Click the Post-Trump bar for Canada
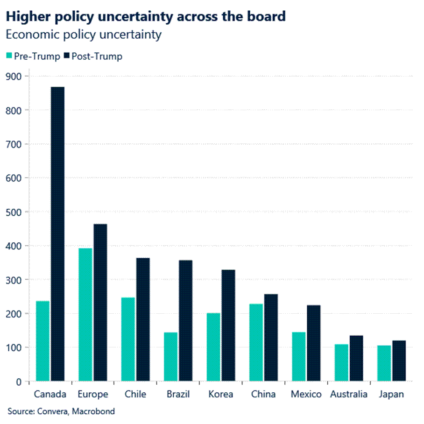point(57,233)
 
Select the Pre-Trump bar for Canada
point(42,341)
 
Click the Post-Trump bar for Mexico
point(313,343)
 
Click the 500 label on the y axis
point(16,212)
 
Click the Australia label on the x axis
point(349,395)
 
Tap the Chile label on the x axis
point(135,395)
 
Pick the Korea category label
point(221,395)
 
